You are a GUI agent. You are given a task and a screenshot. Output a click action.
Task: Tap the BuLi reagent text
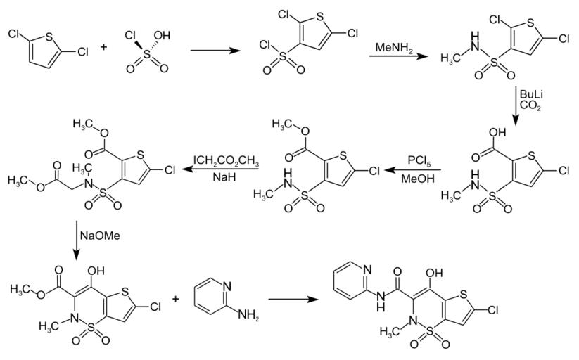[530, 94]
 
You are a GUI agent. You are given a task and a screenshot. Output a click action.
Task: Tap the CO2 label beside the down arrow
[530, 106]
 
